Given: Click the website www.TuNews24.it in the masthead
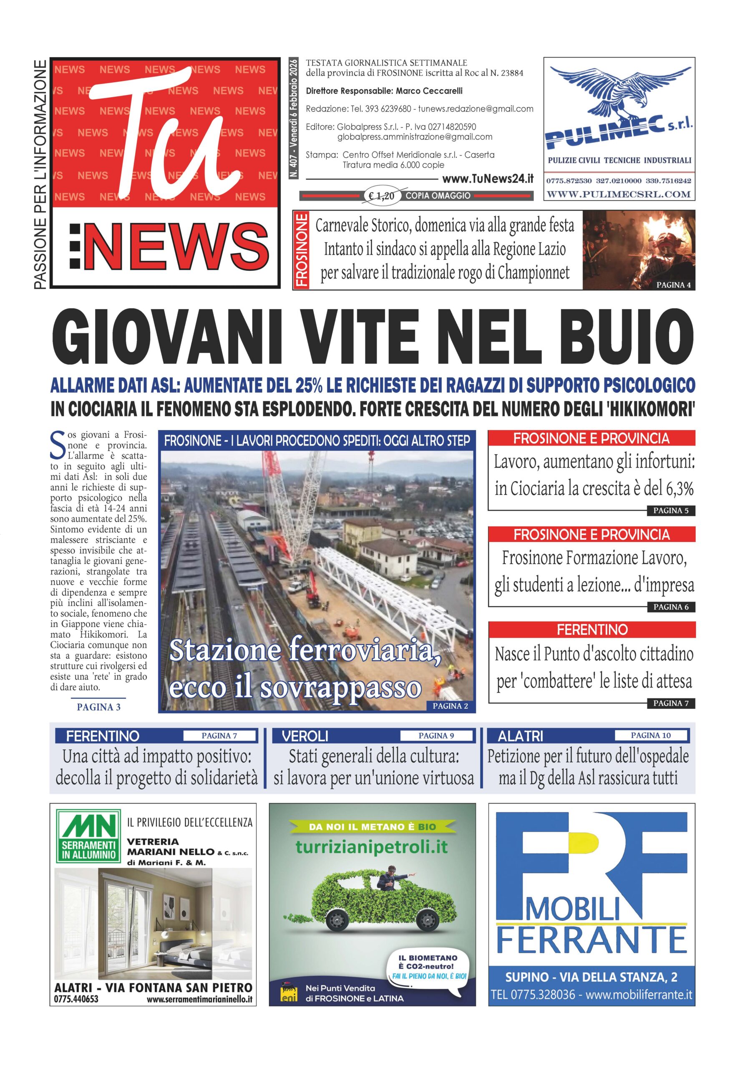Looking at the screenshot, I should coord(487,179).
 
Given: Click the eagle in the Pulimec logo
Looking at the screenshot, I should coord(619,93).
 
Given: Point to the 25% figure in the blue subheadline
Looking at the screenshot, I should coord(308,385).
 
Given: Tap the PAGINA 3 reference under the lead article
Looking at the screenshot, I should coord(98,707).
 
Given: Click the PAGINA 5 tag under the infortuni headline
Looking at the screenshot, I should coord(670,510).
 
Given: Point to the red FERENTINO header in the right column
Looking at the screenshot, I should coord(591,630).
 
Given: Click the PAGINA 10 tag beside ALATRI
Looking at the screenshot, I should coord(650,736).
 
